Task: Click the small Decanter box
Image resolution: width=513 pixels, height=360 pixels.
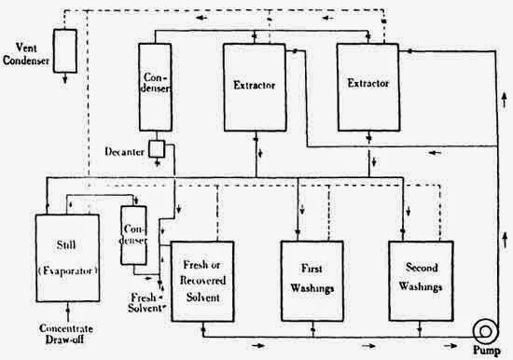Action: (x=156, y=148)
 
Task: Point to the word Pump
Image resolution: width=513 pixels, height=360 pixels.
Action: (x=485, y=353)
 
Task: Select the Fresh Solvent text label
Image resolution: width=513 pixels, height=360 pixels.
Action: (x=150, y=301)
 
